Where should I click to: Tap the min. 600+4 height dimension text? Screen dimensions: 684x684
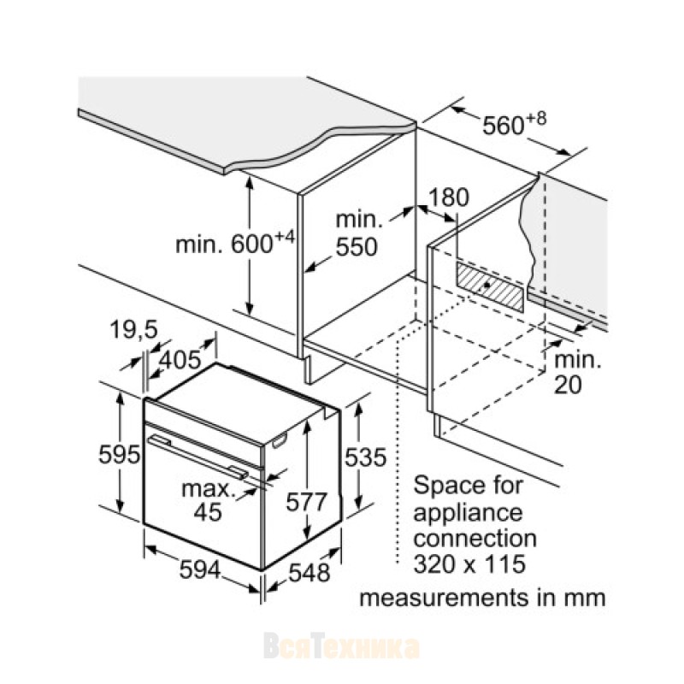coord(234,244)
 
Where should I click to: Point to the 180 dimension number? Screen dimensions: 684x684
coord(449,198)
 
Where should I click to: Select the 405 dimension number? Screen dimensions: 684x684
coord(180,360)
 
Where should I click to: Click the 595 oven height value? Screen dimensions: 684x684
coord(119,456)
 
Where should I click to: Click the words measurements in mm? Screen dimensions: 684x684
coord(482,596)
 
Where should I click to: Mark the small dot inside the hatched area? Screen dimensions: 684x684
coord(486,286)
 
